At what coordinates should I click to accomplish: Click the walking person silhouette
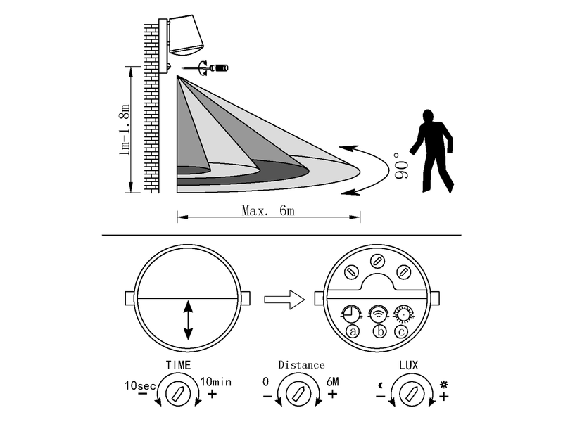click(433, 151)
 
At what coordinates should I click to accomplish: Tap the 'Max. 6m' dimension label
click(268, 210)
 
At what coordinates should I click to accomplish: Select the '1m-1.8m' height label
click(124, 129)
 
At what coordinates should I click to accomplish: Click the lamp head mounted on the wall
click(186, 35)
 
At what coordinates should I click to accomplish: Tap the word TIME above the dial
click(178, 365)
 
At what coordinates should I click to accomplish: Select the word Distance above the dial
click(301, 365)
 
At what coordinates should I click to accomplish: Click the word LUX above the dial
click(409, 365)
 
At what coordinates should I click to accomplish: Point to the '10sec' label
click(140, 385)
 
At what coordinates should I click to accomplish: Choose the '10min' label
click(216, 381)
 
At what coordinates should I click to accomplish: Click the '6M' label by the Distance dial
click(332, 381)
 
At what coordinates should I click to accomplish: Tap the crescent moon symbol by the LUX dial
click(381, 385)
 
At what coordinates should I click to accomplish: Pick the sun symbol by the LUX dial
click(444, 385)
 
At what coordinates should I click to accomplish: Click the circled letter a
click(353, 331)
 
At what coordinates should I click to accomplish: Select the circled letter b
click(379, 331)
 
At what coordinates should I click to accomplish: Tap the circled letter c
click(401, 331)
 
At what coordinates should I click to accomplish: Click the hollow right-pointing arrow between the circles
click(284, 300)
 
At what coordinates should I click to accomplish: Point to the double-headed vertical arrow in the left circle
click(188, 321)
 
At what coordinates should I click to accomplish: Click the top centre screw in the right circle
click(377, 261)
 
